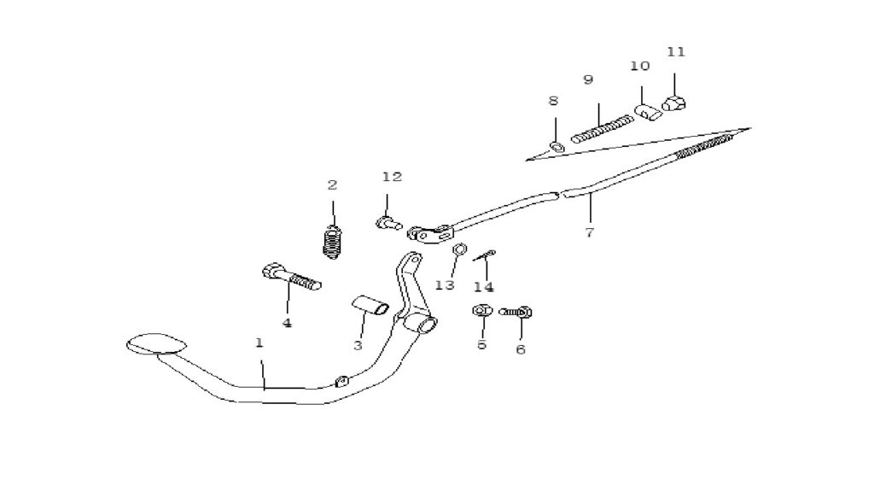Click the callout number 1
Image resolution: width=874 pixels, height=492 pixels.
[259, 343]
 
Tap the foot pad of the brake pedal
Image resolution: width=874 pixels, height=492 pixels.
[155, 343]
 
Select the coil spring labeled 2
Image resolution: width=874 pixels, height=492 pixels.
[333, 242]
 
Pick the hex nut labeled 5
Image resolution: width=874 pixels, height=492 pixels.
[481, 309]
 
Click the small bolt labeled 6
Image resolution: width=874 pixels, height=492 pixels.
[516, 312]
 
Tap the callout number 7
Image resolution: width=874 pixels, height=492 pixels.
[590, 232]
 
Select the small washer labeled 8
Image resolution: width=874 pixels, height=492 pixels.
[556, 147]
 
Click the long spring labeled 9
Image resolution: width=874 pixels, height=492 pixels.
[603, 129]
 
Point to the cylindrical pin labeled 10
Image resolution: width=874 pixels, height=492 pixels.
[649, 112]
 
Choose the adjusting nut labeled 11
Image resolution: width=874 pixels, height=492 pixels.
[674, 103]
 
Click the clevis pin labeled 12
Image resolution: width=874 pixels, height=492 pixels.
[388, 223]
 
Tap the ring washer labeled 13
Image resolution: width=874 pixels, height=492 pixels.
[459, 249]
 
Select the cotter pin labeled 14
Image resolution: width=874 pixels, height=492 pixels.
[485, 255]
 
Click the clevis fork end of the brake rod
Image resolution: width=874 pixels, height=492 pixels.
[430, 233]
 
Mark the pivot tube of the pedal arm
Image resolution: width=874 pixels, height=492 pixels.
[420, 325]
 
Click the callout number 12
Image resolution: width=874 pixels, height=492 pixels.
[392, 177]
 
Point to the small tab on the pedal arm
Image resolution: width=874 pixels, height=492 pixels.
[341, 380]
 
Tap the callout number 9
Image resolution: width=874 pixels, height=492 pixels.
[588, 79]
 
